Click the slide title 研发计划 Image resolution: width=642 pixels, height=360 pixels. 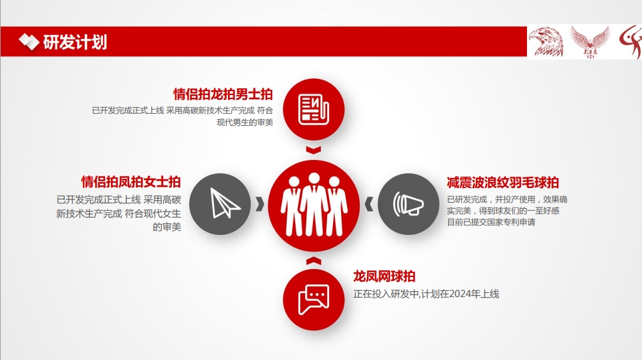pos(75,42)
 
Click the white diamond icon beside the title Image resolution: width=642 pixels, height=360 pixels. pos(29,41)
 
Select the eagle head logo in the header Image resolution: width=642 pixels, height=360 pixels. pos(546,41)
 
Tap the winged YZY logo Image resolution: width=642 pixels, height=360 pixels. pos(590,42)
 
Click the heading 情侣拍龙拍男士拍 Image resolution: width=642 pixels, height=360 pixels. pos(223,94)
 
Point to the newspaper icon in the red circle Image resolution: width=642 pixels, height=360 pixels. pos(314,109)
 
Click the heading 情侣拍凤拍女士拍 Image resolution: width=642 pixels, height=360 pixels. pos(131,182)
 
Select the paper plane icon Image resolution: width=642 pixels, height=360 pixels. pos(225,203)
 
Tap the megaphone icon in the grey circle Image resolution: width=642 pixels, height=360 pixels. pos(408,204)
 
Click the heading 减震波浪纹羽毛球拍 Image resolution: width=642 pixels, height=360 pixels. pos(503,183)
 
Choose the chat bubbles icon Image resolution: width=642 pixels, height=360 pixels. pos(314,300)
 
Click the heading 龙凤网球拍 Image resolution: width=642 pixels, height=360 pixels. pos(384,276)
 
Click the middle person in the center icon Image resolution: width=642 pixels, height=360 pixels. pos(314,204)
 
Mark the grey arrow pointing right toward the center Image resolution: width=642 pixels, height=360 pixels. pos(259,204)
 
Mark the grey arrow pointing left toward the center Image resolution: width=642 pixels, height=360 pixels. pos(369,204)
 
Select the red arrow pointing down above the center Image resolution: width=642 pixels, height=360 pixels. pos(314,151)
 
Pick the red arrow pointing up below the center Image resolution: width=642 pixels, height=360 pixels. pos(314,261)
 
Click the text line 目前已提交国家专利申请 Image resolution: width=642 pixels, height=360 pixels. pos(491,222)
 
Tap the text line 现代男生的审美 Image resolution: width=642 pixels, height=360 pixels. pos(245,122)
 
